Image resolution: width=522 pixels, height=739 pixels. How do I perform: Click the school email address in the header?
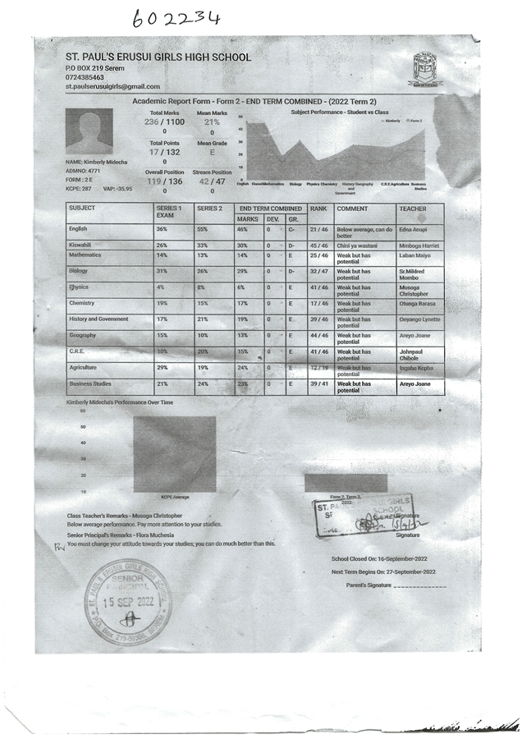[x=112, y=86]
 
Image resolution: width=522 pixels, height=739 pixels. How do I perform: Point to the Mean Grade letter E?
[x=212, y=152]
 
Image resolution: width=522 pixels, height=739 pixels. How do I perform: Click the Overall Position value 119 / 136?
[x=164, y=181]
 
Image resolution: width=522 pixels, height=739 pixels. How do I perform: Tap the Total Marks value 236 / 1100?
[x=164, y=122]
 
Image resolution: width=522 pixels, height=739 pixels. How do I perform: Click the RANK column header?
[x=318, y=209]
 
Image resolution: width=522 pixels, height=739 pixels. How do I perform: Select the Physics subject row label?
[x=79, y=287]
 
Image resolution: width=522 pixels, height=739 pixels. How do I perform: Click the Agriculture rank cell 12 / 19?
[x=318, y=368]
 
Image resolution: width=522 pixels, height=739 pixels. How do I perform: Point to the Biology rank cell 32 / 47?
[x=318, y=271]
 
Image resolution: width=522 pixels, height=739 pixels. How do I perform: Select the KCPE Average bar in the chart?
[x=175, y=454]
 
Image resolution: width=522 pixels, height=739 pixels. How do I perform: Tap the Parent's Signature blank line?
[x=419, y=586]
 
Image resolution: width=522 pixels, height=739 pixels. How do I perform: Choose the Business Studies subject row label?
[x=91, y=383]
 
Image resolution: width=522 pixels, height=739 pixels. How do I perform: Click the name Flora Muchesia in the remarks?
[x=172, y=535]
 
